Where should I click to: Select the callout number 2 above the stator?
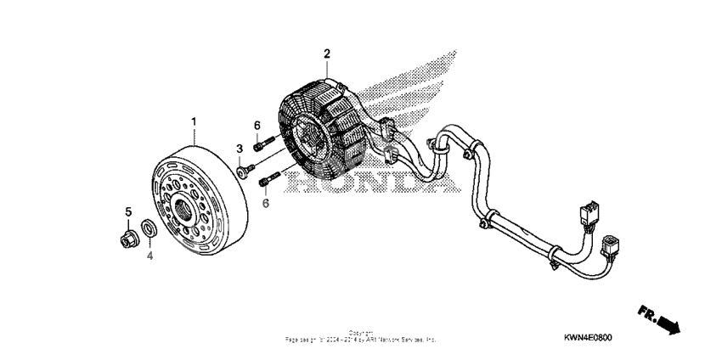[326, 54]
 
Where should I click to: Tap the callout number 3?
[240, 150]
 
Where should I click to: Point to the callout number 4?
[149, 254]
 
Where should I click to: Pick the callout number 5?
[128, 211]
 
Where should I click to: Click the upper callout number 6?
[257, 127]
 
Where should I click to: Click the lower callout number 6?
[266, 204]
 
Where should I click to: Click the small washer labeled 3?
[244, 172]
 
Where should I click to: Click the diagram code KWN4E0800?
[587, 337]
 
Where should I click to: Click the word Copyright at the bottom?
[360, 334]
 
